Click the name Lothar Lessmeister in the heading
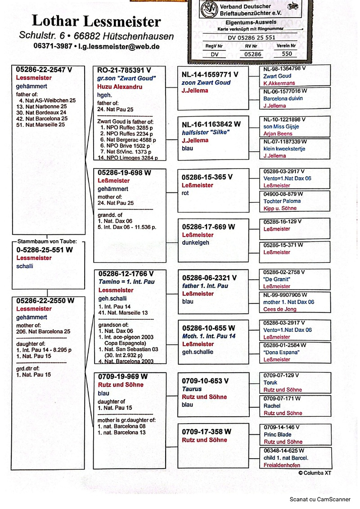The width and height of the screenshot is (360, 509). click(x=96, y=21)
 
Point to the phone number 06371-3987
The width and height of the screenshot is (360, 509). click(x=53, y=46)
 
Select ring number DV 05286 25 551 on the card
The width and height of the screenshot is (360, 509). click(x=252, y=38)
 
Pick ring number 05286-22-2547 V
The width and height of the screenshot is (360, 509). click(x=44, y=70)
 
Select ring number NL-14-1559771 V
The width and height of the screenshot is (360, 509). click(x=210, y=75)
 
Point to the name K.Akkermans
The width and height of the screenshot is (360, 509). click(x=279, y=84)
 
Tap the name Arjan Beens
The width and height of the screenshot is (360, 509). click(x=277, y=134)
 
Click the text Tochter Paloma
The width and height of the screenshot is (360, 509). click(x=282, y=201)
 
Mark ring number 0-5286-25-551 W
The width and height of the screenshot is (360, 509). click(x=45, y=250)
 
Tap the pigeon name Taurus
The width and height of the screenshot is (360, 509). click(x=192, y=389)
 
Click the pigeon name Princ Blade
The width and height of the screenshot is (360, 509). click(x=278, y=434)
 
